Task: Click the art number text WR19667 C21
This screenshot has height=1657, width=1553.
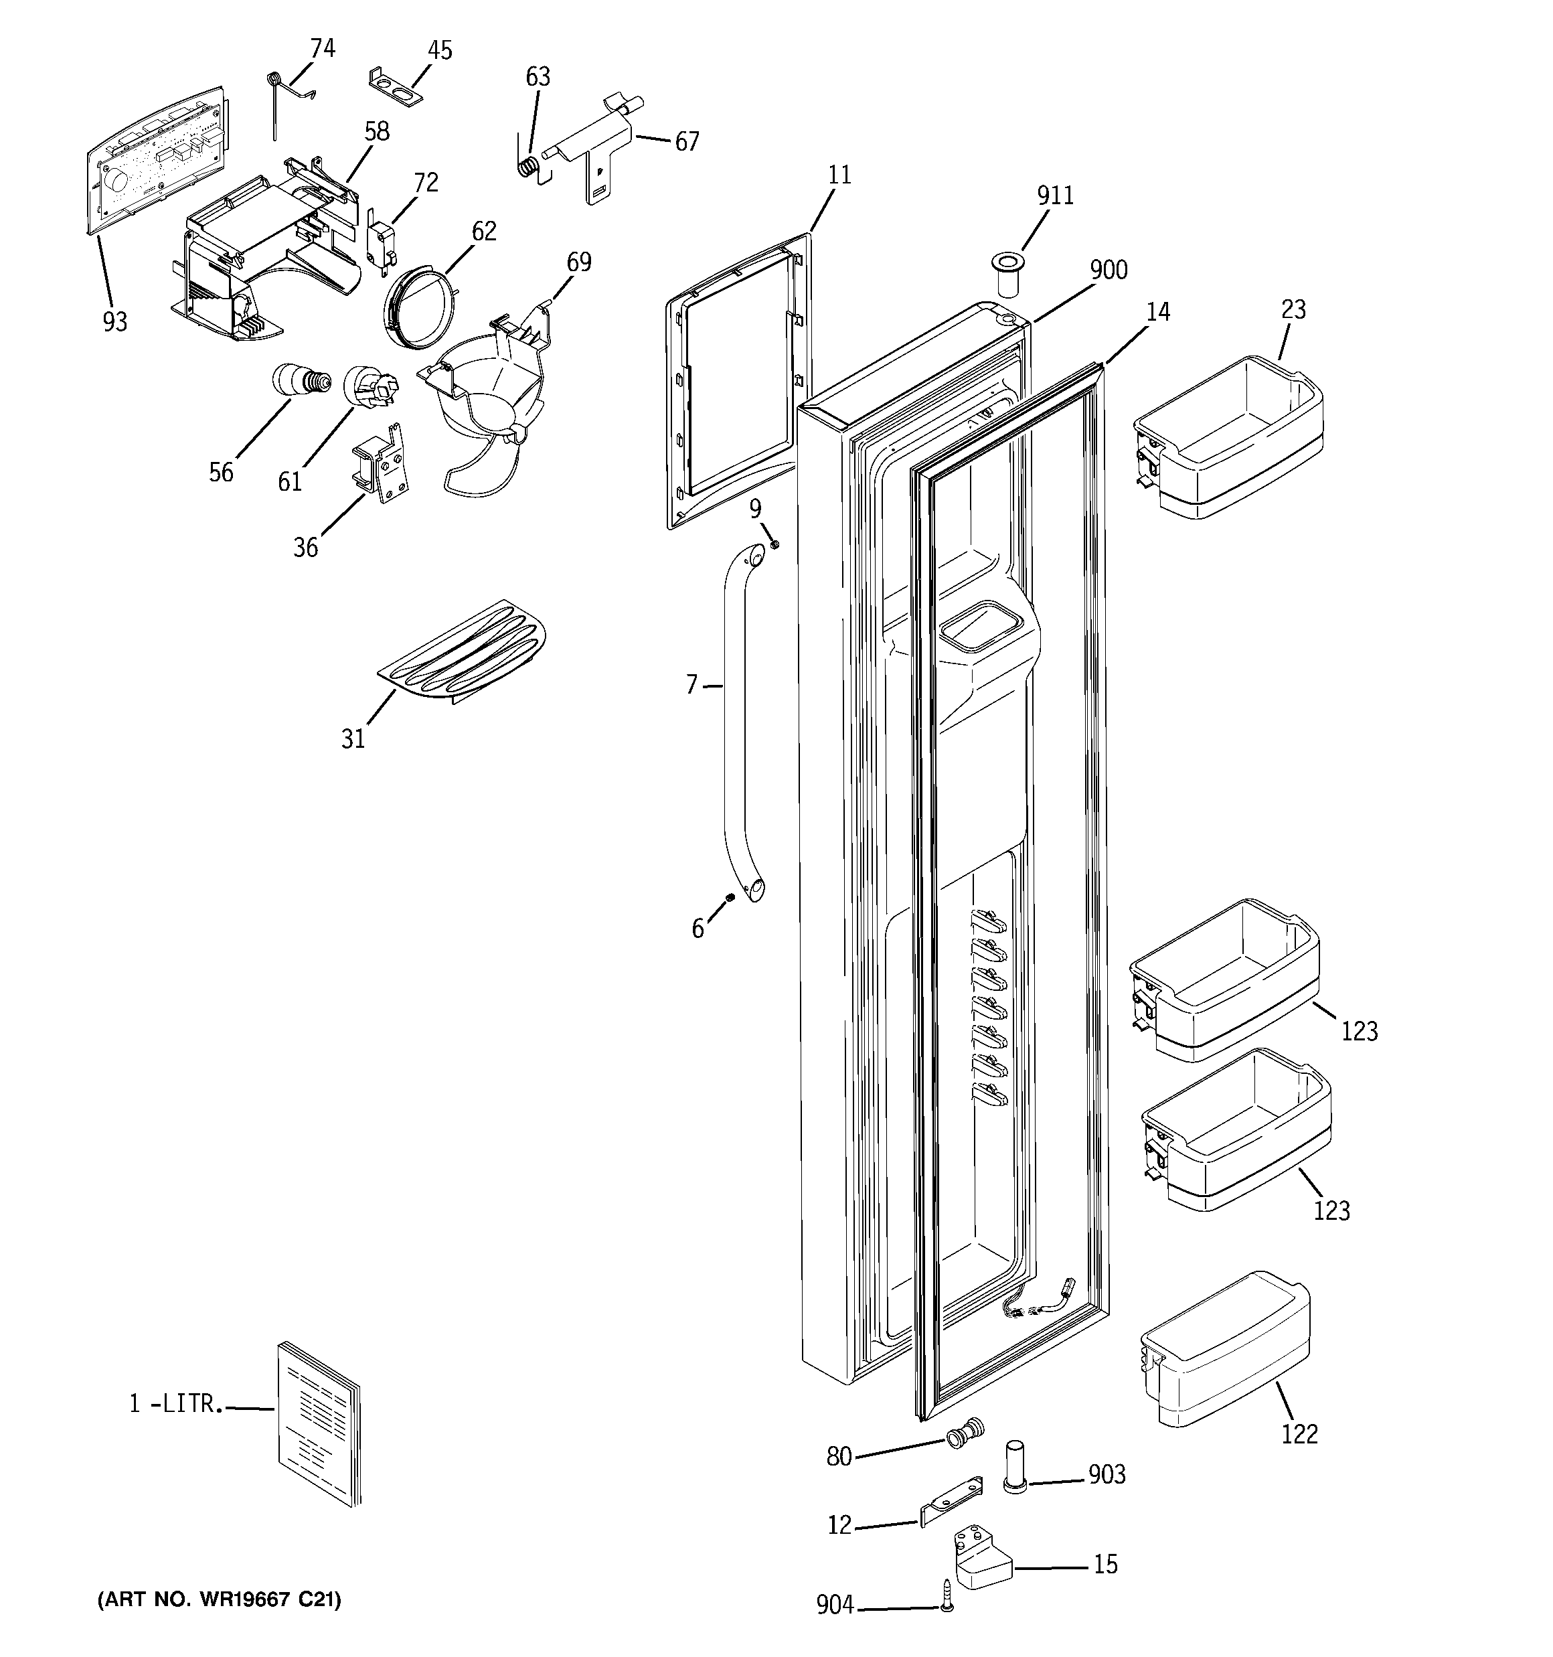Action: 220,1599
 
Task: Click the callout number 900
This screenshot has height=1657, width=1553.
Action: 1109,270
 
